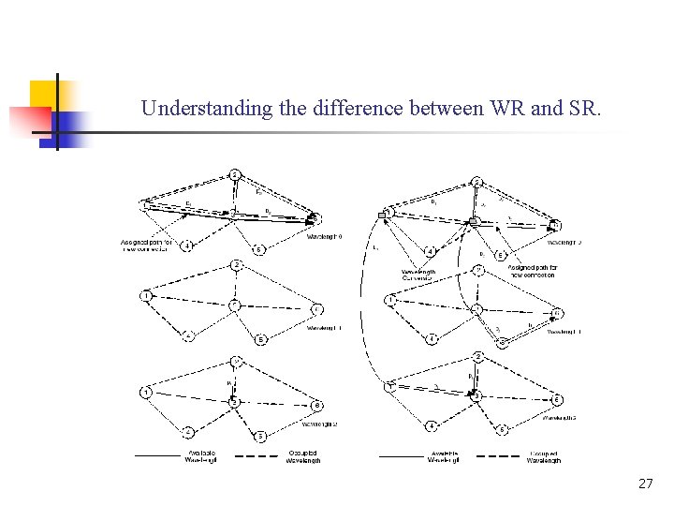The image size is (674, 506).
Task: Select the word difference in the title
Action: pos(357,109)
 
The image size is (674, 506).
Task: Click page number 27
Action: pos(645,484)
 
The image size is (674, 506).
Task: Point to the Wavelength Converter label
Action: pos(418,275)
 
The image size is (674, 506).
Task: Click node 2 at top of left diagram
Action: pos(235,175)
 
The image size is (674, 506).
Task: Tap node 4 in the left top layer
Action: pos(188,246)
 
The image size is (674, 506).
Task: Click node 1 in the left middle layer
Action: pos(147,296)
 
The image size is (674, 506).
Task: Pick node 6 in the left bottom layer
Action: pos(317,404)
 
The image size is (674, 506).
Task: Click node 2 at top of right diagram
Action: pos(476,181)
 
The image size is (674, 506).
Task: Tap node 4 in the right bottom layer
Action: pos(431,426)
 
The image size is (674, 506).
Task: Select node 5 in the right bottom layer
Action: pos(503,429)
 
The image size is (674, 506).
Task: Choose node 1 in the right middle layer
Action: pos(390,300)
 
